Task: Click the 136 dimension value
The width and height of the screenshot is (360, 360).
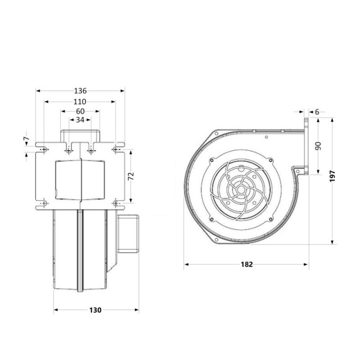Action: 80,91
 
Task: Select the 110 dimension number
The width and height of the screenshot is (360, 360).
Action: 80,102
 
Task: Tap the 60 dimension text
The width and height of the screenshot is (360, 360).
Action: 80,111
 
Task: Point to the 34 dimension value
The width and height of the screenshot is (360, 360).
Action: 80,120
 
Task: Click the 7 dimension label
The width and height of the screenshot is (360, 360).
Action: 26,139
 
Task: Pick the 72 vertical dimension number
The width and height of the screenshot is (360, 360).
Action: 131,176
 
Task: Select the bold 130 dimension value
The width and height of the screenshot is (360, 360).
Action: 95,310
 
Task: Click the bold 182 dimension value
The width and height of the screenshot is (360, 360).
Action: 247,264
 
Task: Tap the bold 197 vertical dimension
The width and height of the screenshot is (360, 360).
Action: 332,176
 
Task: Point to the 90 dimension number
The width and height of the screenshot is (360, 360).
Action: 318,146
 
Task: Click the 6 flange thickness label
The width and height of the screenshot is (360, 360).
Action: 317,112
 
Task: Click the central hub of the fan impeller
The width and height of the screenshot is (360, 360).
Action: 241,190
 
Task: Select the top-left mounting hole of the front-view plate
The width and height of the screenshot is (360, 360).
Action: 44,150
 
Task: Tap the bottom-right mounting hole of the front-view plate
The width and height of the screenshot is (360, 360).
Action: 116,203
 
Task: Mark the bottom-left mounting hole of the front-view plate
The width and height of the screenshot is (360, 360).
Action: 44,203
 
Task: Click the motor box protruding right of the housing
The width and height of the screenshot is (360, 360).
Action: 128,234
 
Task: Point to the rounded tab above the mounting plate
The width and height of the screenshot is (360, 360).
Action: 80,136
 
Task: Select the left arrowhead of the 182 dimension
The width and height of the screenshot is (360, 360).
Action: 186,264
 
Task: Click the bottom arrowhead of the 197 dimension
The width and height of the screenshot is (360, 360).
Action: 332,242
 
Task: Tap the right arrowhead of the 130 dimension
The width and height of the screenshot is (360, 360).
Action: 137,310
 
